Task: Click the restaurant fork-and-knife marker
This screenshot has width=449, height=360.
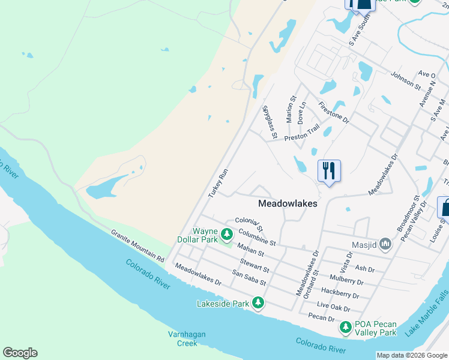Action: (x=328, y=170)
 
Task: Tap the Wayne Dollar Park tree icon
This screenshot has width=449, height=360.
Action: (x=226, y=234)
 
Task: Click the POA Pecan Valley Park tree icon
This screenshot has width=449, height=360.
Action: (x=345, y=327)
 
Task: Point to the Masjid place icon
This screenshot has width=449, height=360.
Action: (x=385, y=244)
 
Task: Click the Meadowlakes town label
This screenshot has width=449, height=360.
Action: (x=288, y=203)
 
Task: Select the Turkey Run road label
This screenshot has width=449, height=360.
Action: (x=218, y=184)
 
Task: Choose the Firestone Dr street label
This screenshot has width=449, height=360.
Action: (x=334, y=112)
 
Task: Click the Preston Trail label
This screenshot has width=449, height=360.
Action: (x=302, y=133)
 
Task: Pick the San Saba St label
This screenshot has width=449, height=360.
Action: (x=249, y=278)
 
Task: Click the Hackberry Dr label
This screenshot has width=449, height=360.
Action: (x=340, y=292)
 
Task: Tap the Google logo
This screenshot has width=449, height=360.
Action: (x=20, y=353)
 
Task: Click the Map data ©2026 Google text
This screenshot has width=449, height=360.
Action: (x=412, y=355)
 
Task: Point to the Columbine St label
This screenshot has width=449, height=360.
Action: (x=256, y=238)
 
